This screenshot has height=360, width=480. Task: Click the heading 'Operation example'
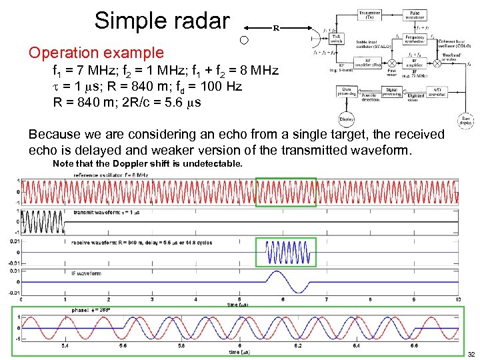tap(96, 53)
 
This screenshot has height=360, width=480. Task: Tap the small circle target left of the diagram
tap(244, 41)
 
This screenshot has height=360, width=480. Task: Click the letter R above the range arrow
tap(275, 29)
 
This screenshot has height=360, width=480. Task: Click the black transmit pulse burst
tap(41, 223)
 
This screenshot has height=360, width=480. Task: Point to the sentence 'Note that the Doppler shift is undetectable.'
tap(147, 163)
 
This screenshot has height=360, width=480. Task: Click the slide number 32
tap(471, 353)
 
